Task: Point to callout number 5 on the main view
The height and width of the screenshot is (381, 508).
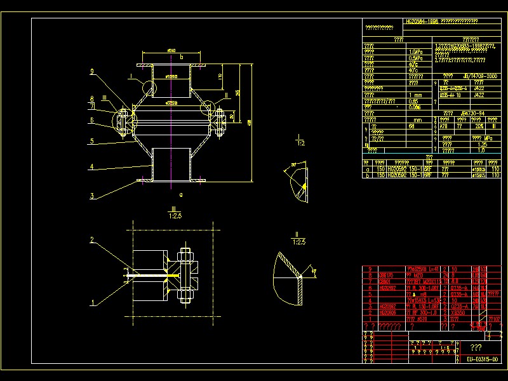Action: pos(93,141)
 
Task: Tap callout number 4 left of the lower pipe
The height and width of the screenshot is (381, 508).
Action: pos(93,167)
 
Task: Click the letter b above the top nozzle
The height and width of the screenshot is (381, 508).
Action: pos(182,57)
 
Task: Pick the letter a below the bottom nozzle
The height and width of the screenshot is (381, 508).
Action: pos(182,194)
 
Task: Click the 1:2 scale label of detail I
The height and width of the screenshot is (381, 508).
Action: pos(300,144)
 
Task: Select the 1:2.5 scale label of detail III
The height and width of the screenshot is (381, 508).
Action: pos(173,216)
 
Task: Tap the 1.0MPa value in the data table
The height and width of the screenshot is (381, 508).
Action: pos(415,52)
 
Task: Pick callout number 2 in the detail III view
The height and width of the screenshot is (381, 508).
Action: pos(93,241)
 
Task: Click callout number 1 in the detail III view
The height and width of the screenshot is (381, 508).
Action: pos(93,304)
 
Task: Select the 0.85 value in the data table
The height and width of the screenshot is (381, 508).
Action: pos(413,102)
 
